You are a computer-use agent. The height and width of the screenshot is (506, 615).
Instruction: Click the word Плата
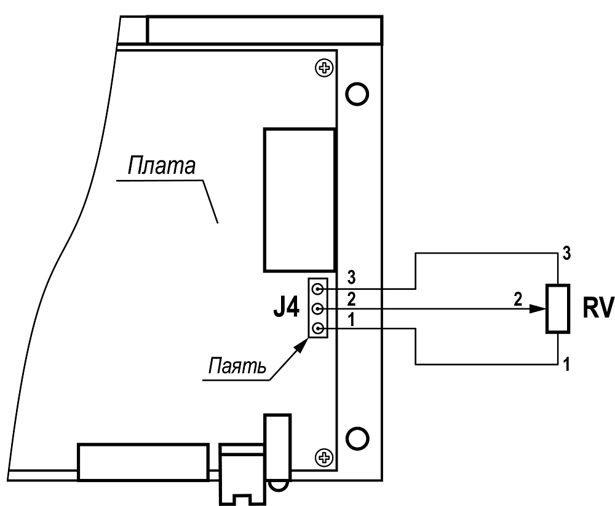click(x=161, y=166)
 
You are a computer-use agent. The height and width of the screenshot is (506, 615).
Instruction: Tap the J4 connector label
click(x=286, y=308)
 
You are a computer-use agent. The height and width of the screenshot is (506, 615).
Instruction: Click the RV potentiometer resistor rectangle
click(x=558, y=309)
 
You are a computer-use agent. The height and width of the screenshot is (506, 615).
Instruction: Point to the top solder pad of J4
click(x=318, y=288)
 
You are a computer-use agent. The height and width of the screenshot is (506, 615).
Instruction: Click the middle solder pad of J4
click(x=318, y=309)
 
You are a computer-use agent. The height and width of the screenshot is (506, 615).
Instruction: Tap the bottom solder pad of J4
click(x=318, y=330)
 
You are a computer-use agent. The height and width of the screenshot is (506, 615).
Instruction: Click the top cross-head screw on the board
click(x=322, y=68)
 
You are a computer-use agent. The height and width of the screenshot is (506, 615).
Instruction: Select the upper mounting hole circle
click(x=357, y=93)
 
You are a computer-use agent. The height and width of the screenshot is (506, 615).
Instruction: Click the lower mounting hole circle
click(x=357, y=438)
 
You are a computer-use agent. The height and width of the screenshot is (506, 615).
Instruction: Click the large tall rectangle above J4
click(x=300, y=200)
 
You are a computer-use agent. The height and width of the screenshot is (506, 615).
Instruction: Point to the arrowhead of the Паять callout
click(x=301, y=341)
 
